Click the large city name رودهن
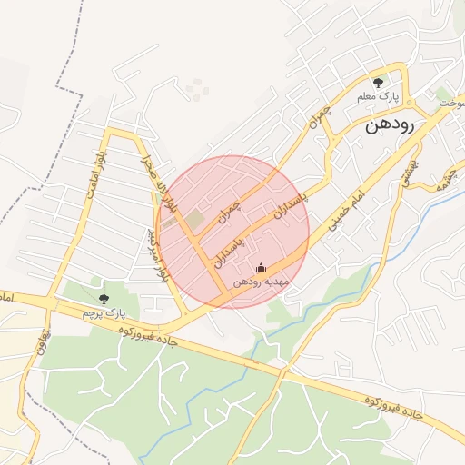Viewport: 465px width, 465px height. click(x=390, y=125)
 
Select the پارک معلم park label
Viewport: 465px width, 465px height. click(x=379, y=96)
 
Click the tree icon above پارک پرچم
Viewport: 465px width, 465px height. click(x=103, y=298)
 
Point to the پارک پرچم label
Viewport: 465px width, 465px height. click(x=102, y=312)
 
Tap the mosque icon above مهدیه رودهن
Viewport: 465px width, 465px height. click(x=262, y=267)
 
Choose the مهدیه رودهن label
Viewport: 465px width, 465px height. click(x=262, y=282)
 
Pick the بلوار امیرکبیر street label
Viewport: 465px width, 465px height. click(x=157, y=254)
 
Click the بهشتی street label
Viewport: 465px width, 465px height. click(x=406, y=172)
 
